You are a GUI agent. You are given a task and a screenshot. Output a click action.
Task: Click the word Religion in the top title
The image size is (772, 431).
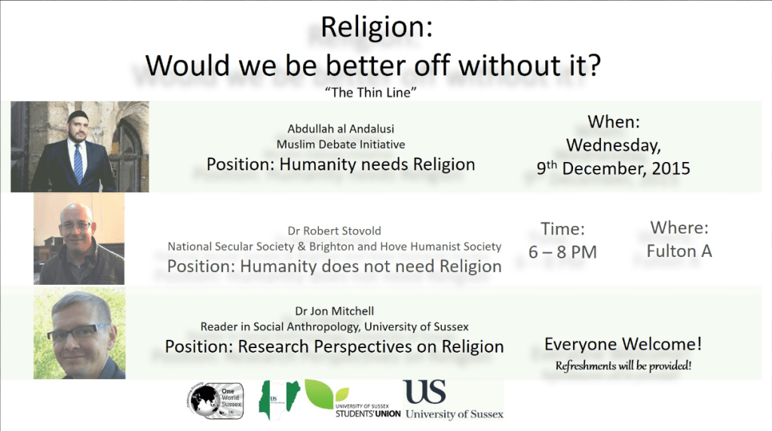373,28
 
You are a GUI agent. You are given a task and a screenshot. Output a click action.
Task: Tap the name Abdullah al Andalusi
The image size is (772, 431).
341,128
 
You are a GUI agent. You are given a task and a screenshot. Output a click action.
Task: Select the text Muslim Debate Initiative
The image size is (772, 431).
341,144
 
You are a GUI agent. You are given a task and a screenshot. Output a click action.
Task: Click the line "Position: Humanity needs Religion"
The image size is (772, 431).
341,164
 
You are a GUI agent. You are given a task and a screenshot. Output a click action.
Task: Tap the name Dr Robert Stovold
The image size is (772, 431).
334,231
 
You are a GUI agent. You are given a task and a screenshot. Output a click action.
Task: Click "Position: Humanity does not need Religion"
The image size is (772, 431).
334,266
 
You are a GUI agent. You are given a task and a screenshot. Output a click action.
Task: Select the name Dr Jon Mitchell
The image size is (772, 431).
334,310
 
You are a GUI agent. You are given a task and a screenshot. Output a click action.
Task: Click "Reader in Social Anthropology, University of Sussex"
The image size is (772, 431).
334,326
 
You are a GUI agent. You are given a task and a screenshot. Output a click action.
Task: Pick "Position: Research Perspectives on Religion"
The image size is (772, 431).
334,347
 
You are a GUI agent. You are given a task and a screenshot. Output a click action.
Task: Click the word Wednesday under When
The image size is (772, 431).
613,145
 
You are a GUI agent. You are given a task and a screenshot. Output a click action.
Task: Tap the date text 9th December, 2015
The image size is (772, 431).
613,169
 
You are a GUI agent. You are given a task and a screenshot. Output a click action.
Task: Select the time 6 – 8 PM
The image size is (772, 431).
562,252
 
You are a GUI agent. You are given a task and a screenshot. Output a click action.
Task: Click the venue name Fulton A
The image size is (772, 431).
679,251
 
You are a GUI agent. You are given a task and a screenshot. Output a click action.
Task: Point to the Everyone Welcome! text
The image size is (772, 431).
623,345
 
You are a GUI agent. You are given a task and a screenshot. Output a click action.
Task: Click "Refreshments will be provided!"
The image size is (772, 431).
623,366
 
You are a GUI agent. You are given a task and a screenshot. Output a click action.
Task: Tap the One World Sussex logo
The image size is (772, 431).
216,399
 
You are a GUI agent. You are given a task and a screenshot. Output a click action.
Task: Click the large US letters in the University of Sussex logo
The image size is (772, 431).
425,392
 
